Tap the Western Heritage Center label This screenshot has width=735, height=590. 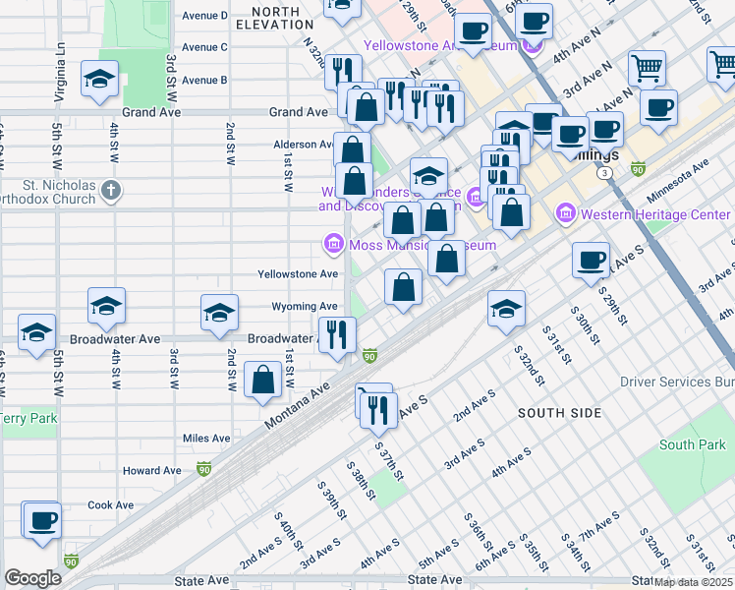tap(655, 214)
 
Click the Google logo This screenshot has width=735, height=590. tap(32, 578)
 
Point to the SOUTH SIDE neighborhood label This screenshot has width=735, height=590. tap(559, 413)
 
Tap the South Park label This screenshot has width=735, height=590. tap(692, 445)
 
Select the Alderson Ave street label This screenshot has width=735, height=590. tap(303, 145)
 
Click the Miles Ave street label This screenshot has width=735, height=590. tap(206, 439)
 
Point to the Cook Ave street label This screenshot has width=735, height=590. tap(110, 505)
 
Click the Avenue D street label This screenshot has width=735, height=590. tap(204, 16)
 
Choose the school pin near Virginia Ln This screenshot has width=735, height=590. tap(99, 81)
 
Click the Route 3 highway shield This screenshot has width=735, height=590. tap(607, 172)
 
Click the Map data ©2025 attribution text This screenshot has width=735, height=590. tap(693, 581)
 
